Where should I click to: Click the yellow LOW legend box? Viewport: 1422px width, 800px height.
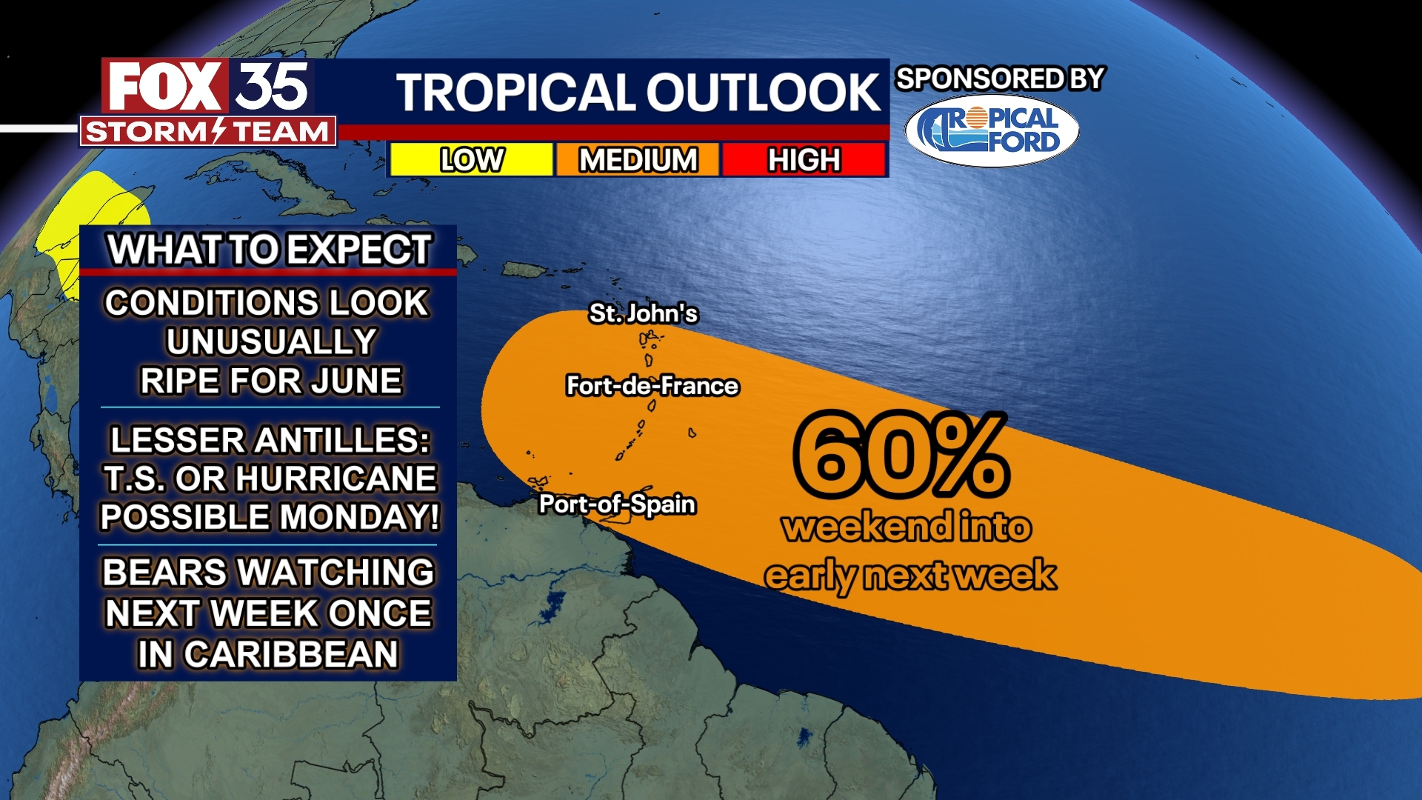471,160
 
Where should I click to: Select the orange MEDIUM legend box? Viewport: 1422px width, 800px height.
638,160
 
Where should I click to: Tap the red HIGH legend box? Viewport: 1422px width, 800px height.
804,160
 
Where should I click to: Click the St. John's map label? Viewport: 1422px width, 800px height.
643,313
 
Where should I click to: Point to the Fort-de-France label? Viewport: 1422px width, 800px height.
652,386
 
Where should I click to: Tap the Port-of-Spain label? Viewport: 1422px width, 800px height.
617,504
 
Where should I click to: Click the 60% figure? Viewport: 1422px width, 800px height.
901,455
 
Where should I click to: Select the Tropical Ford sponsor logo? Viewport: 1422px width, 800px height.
992,130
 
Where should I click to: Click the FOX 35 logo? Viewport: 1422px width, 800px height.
208,86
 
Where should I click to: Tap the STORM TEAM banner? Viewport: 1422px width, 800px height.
208,132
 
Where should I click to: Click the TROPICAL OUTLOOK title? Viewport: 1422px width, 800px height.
638,93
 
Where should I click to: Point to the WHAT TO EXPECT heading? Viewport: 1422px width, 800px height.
269,250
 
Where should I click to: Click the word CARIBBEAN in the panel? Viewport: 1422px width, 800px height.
291,655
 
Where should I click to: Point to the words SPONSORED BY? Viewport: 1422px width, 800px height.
1000,79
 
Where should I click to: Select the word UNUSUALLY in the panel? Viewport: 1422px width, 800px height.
271,342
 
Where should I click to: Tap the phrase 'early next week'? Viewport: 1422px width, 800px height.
910,576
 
